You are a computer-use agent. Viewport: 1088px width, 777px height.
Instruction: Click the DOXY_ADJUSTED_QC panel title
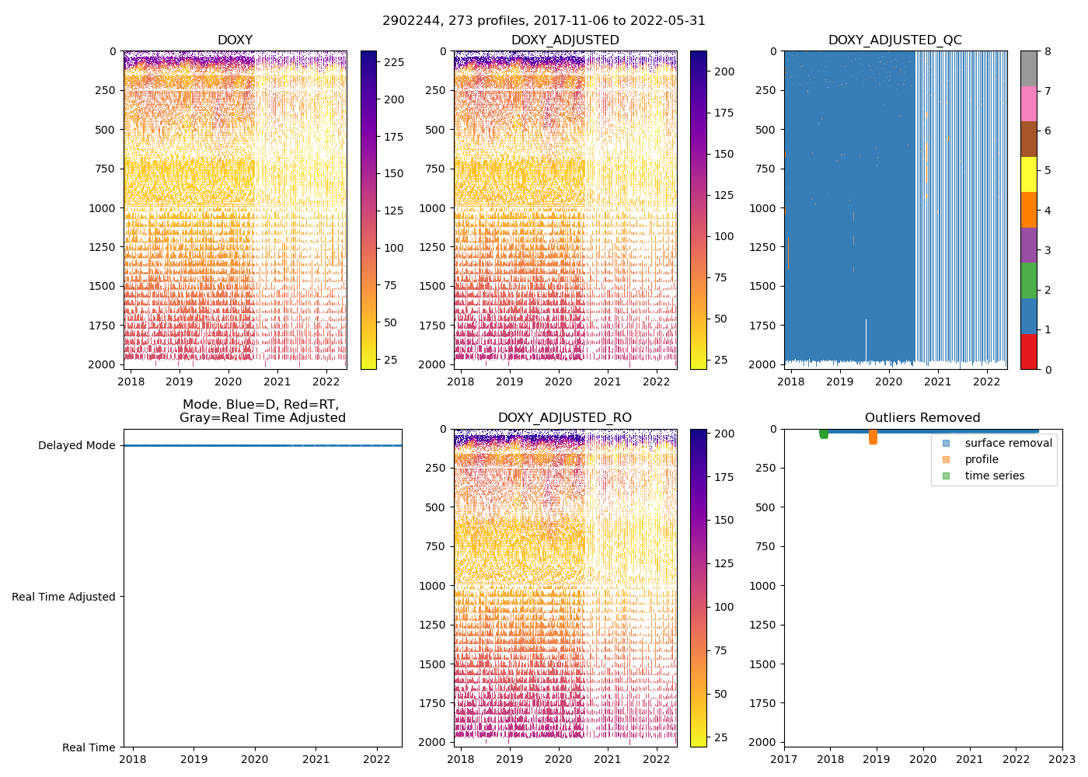tap(895, 40)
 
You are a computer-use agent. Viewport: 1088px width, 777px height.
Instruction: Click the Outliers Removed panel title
tap(922, 417)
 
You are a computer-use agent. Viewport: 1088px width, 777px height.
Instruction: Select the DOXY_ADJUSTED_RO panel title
tap(565, 417)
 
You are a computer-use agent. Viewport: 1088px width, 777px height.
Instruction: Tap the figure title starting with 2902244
tap(544, 20)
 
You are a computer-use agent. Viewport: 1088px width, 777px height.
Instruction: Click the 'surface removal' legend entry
tap(1008, 443)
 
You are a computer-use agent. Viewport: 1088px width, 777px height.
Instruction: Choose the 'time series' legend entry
tap(994, 476)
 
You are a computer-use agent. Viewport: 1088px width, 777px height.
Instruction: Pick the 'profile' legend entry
tap(982, 459)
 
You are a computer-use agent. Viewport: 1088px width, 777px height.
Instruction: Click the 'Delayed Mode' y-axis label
tap(76, 445)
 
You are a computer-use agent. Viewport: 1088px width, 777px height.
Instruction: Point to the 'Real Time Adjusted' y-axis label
tap(64, 597)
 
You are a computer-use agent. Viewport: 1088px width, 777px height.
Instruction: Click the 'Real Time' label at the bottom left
tap(89, 747)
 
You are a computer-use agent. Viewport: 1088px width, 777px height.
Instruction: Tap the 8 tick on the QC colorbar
tap(1048, 51)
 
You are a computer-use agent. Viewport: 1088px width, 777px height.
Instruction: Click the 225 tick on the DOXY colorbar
tap(394, 62)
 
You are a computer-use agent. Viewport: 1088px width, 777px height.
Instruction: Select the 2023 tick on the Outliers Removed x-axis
tap(1062, 758)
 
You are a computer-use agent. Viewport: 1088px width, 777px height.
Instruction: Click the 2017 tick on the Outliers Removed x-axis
tap(784, 758)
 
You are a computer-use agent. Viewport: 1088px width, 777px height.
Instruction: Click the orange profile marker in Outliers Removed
tap(873, 437)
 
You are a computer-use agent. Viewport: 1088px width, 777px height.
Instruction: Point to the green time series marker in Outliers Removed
tap(824, 434)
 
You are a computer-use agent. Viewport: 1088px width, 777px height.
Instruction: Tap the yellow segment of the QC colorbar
tap(1028, 174)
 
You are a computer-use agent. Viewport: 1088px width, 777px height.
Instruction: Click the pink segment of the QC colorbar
tap(1028, 103)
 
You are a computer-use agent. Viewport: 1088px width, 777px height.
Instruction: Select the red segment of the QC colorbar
tap(1028, 351)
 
